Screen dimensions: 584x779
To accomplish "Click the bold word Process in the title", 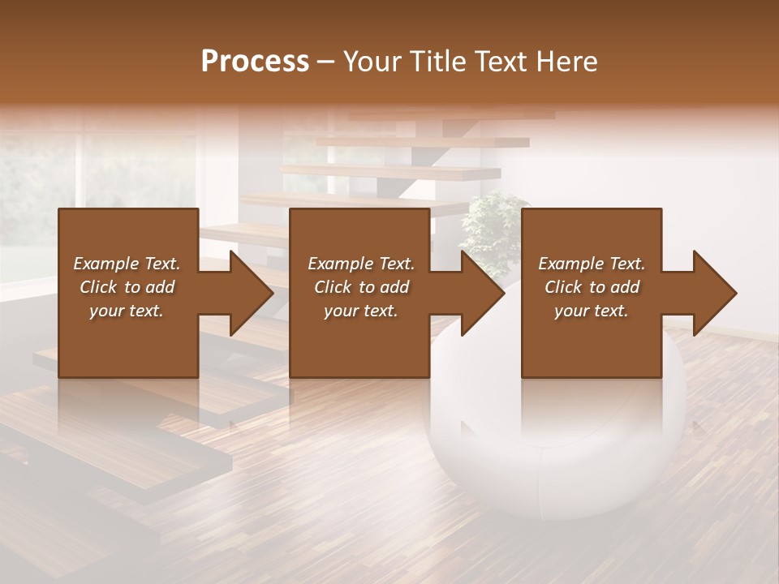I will (x=255, y=62).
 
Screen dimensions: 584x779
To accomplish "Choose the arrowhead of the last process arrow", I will (x=713, y=293).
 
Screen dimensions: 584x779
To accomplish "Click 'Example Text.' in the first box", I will (x=127, y=264).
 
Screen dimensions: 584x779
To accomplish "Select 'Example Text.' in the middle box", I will (x=361, y=264).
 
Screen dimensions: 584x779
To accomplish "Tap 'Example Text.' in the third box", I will (x=592, y=264).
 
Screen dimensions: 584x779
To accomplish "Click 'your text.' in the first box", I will (x=127, y=311).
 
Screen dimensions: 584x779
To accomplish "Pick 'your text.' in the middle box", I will (x=361, y=311).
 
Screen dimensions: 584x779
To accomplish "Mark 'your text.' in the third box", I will (x=592, y=311).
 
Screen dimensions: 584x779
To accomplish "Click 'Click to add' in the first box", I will (x=127, y=287).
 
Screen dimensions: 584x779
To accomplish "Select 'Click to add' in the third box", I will (x=592, y=287).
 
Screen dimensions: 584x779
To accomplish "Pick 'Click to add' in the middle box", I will (x=361, y=287).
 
